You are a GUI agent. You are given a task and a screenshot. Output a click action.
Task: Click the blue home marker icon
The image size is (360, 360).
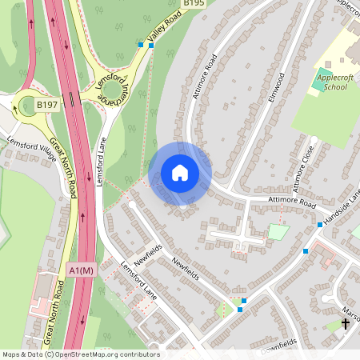180,173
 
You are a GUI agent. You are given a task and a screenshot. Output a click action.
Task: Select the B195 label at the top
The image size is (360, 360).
194,4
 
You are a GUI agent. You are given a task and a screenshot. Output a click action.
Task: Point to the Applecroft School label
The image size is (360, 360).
337,82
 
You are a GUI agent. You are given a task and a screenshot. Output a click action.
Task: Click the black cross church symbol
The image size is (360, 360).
346,323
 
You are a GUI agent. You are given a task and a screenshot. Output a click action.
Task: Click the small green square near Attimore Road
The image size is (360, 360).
278,232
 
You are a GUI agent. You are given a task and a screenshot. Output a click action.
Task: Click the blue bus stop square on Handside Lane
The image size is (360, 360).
320,225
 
